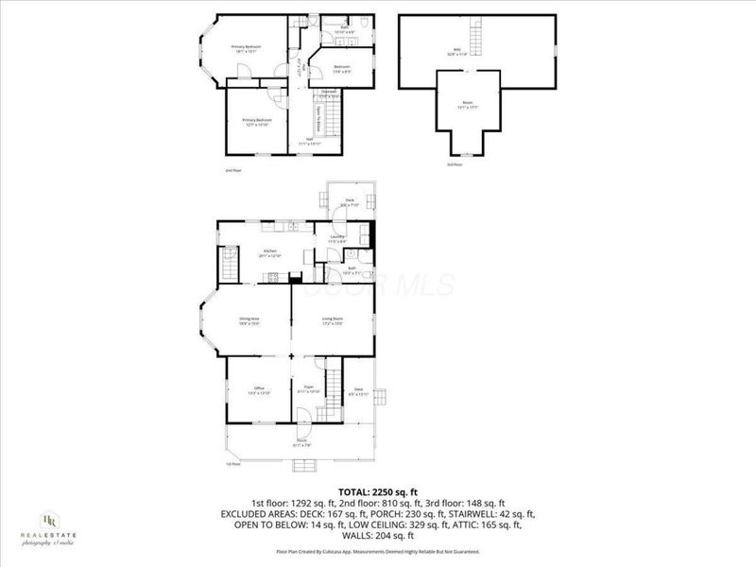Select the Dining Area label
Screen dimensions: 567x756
click(x=249, y=320)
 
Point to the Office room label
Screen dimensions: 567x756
click(x=259, y=389)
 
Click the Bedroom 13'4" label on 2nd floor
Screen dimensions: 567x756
click(x=343, y=67)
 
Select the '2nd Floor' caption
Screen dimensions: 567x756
click(x=233, y=170)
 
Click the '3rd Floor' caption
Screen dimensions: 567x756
click(x=455, y=164)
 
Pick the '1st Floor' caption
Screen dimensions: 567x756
click(x=232, y=464)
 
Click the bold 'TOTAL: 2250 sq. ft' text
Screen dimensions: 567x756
click(x=378, y=492)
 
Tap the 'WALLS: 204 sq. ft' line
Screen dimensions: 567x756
click(x=378, y=535)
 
